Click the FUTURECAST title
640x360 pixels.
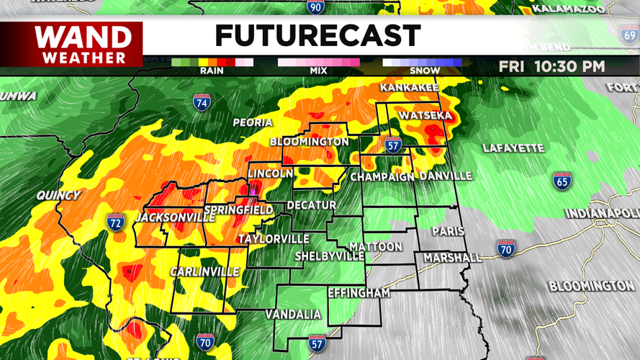click(x=317, y=35)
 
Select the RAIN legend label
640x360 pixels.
click(x=212, y=71)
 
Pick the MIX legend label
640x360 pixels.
click(x=318, y=71)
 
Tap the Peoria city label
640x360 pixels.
click(x=253, y=122)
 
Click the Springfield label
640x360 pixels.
click(x=238, y=210)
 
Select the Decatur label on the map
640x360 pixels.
click(x=312, y=205)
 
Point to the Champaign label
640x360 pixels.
click(x=382, y=176)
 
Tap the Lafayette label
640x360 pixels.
click(x=513, y=148)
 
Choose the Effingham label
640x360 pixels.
click(x=359, y=293)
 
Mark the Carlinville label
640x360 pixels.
click(x=204, y=271)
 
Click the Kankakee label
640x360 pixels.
click(x=409, y=88)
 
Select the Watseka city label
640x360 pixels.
click(x=425, y=115)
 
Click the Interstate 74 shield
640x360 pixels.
click(x=202, y=102)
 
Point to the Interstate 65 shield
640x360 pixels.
click(x=563, y=180)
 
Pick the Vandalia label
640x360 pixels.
click(x=293, y=315)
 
